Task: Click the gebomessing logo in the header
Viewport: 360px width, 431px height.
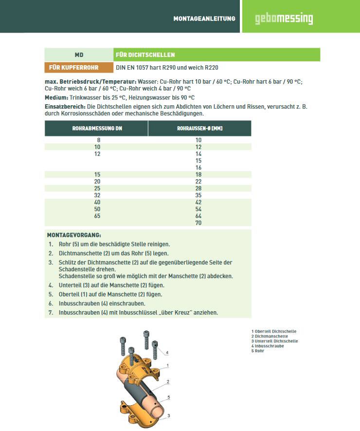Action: click(x=284, y=19)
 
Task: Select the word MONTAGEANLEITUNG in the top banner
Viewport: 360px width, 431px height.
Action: click(x=204, y=19)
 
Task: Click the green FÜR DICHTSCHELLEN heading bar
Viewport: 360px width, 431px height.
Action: click(x=216, y=55)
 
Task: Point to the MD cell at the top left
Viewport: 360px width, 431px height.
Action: click(x=79, y=55)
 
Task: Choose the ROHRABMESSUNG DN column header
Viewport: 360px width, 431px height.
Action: click(x=97, y=129)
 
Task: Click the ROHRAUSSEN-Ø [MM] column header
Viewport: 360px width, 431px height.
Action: click(x=199, y=129)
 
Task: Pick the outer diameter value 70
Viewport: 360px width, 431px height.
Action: click(x=198, y=223)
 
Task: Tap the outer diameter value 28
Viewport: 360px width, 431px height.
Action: click(x=198, y=188)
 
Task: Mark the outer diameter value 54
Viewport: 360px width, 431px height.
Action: click(x=198, y=209)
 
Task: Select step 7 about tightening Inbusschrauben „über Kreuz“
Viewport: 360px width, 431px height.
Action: click(x=138, y=313)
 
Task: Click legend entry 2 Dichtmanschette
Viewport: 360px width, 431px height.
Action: click(x=270, y=337)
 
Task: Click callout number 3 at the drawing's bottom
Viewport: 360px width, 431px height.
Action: click(x=168, y=415)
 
